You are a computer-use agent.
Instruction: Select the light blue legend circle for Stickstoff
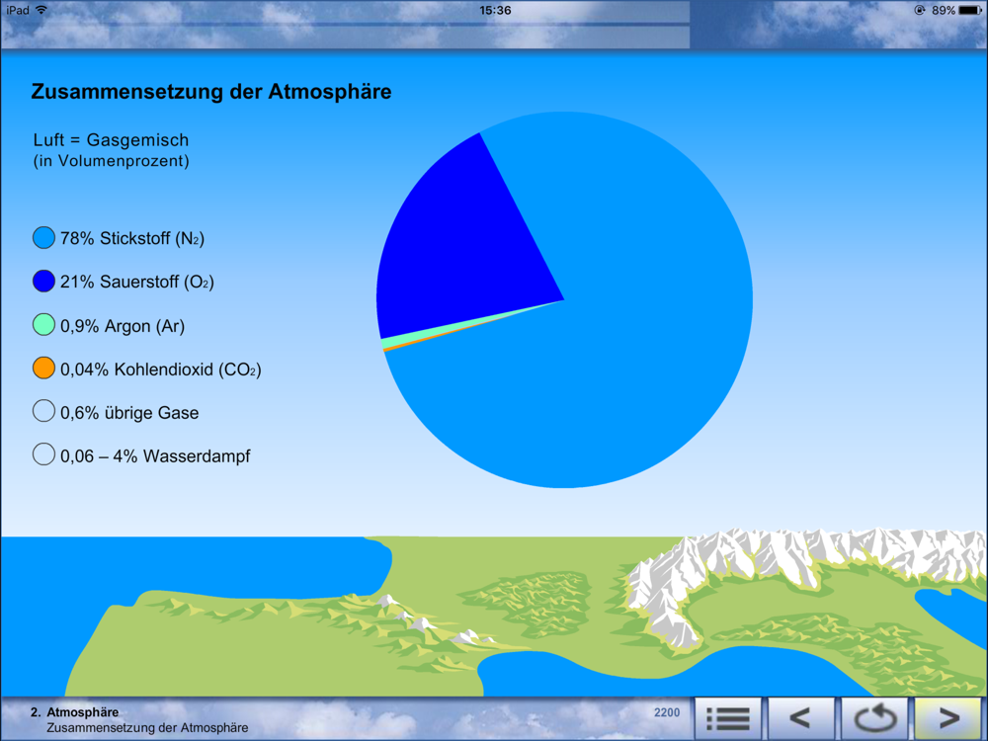(x=43, y=238)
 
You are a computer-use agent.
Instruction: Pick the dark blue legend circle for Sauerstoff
(x=43, y=281)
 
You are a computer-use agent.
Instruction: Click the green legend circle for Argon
(x=43, y=325)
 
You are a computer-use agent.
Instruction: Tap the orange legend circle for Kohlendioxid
(x=43, y=369)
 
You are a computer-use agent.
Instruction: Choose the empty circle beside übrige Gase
(x=43, y=411)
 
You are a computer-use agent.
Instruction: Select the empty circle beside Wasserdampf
(x=43, y=454)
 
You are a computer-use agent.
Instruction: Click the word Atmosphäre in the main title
(x=330, y=92)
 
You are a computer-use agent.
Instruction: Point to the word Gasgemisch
(x=137, y=140)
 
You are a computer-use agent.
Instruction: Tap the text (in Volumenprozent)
(x=111, y=161)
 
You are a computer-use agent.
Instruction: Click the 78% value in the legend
(x=77, y=238)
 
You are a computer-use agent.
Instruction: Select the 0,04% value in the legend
(x=84, y=370)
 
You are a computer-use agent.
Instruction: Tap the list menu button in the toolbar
(x=728, y=717)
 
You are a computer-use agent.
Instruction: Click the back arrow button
(x=800, y=717)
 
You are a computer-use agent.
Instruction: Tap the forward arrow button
(x=949, y=717)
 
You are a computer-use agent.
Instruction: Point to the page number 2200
(x=667, y=712)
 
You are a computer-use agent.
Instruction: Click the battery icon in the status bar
(x=970, y=10)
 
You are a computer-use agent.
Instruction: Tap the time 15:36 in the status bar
(x=495, y=10)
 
